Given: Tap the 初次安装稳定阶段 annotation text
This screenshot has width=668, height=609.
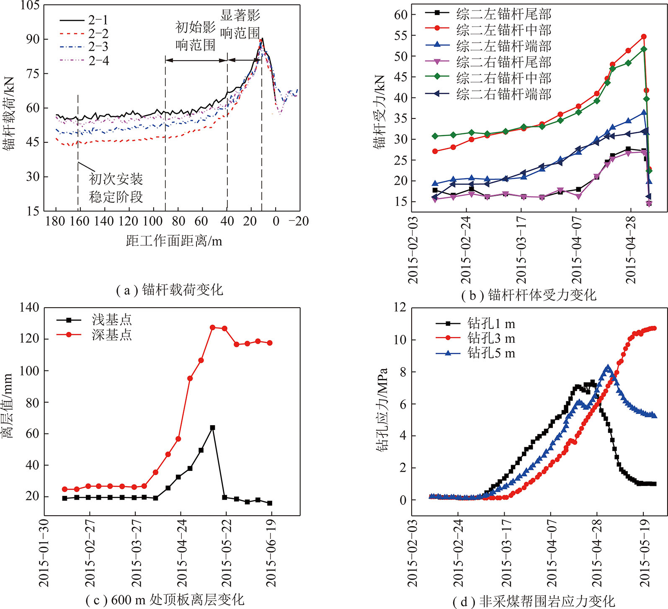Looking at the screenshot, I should [116, 188].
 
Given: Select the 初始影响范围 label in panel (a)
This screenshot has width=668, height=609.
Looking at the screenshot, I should [195, 36].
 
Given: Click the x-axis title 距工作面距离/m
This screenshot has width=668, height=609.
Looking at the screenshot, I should [174, 241].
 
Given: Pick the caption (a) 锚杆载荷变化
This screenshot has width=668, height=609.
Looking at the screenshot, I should [170, 290].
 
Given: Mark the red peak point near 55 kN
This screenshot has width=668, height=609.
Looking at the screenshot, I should [644, 37].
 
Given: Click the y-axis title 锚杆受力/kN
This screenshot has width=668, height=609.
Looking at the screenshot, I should [379, 112].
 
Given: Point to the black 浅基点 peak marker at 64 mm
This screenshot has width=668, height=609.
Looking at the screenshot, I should [212, 428].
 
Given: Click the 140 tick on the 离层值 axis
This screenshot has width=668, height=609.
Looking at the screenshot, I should [29, 308].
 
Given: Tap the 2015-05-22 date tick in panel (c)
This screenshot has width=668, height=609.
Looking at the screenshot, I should [227, 552].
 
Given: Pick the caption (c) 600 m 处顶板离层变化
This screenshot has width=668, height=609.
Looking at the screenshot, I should [165, 600].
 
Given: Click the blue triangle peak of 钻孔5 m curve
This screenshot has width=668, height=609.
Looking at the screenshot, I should [608, 367].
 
